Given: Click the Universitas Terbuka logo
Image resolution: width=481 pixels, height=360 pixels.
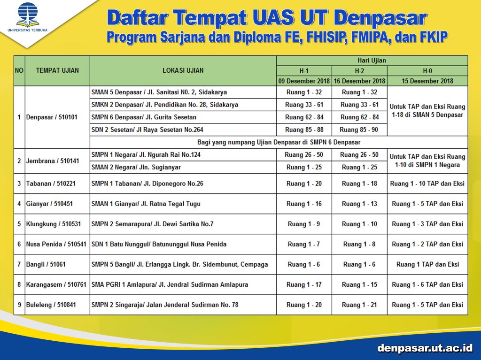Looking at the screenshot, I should click(28, 18).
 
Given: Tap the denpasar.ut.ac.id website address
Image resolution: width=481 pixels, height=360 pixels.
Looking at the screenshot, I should click(425, 348).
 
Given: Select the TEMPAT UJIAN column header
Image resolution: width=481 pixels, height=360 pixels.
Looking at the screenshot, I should click(57, 70).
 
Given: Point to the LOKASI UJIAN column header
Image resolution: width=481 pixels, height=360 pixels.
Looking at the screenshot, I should click(183, 70).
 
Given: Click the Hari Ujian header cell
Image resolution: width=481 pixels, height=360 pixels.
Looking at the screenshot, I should click(372, 61).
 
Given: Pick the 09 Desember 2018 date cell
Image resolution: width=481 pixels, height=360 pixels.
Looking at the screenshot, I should click(304, 81).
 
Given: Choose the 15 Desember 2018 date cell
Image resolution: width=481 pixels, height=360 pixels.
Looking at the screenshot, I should click(427, 81).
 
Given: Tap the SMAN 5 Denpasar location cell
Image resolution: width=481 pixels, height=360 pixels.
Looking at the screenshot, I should click(159, 92).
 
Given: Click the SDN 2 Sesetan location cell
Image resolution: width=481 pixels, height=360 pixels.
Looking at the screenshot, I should click(147, 130).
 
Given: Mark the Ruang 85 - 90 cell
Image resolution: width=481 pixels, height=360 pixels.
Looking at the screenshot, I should click(359, 130).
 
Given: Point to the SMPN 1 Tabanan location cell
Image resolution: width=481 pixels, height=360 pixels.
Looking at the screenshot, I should click(147, 184).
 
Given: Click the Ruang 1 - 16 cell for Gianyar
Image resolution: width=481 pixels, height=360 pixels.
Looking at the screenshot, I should click(304, 204).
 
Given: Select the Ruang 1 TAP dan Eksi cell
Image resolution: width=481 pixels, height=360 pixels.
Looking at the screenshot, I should click(427, 264).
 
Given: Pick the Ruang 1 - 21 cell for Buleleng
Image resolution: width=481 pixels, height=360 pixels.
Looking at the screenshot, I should click(359, 305).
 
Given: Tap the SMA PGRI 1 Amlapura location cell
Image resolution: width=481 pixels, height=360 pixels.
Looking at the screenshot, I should click(170, 284).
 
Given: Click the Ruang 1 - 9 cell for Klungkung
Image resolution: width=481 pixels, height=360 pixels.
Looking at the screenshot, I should click(304, 224).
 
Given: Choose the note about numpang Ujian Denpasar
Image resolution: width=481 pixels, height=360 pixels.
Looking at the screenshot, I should click(279, 142).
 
